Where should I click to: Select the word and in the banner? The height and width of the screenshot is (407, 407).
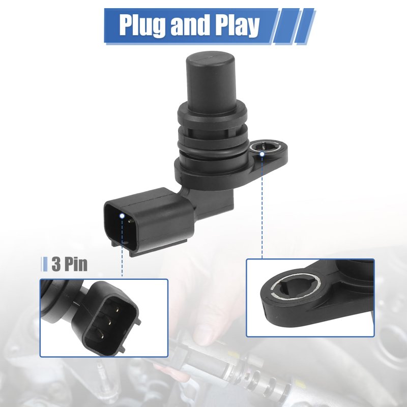tap(190, 24)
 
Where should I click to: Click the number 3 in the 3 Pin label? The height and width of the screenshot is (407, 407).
tap(56, 264)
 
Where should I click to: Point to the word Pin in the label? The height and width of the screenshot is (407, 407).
tap(76, 264)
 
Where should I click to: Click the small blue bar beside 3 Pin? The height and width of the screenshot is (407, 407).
tap(45, 264)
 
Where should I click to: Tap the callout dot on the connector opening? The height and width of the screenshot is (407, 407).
tap(122, 216)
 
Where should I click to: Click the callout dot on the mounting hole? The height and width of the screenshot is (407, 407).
tap(262, 154)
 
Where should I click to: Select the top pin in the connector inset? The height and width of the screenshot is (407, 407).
tap(118, 310)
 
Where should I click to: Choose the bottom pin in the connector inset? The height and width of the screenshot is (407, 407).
tap(102, 337)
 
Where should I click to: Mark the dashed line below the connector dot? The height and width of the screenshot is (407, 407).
tap(122, 248)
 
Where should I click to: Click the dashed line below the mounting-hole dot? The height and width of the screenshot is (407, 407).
tap(262, 208)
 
